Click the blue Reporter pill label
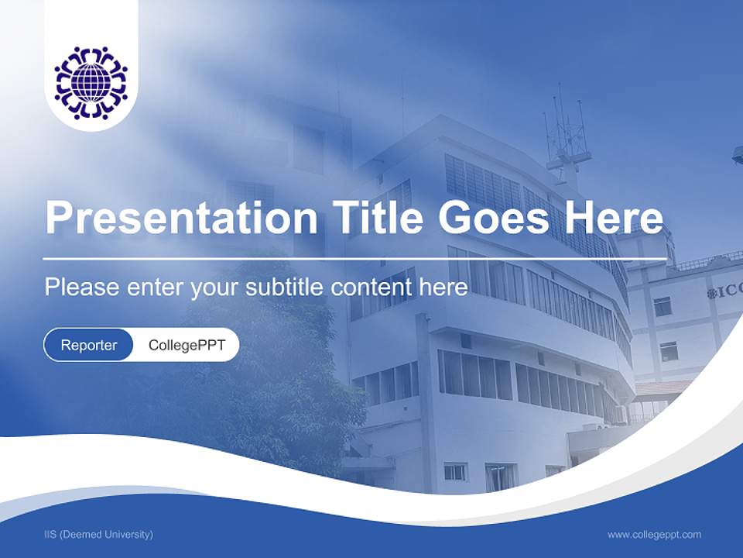coord(89,345)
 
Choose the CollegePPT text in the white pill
coord(187,345)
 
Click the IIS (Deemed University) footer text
coord(98,534)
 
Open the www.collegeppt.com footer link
coord(654,534)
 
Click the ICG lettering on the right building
coord(725,292)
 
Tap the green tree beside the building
coord(286,387)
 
